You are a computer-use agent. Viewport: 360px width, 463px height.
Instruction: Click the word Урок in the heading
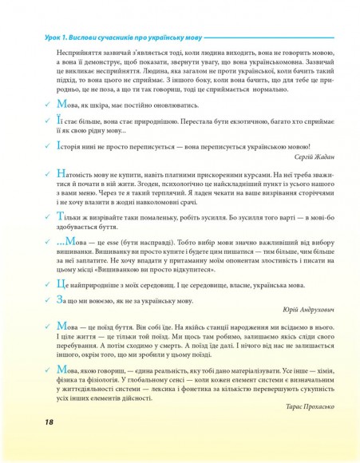(x=37, y=38)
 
